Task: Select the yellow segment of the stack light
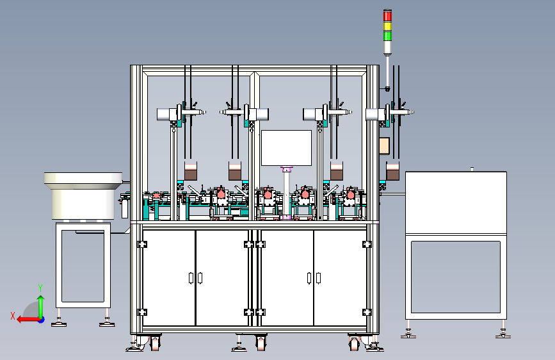387,20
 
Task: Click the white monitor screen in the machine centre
286,147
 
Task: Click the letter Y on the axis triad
40,288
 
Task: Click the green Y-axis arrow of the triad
41,305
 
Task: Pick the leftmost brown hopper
191,172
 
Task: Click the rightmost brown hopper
392,172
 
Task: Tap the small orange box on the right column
384,146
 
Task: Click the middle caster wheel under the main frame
261,343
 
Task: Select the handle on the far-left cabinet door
191,277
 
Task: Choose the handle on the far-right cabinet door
319,277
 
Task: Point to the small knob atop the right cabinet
472,169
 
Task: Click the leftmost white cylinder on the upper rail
167,114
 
